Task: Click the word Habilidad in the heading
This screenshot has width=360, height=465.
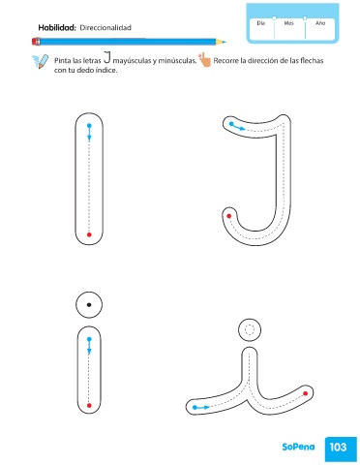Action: (57, 28)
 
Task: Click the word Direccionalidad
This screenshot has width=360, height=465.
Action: (105, 28)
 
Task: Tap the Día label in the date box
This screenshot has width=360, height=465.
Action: (261, 23)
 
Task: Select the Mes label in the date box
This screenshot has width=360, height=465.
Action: (288, 23)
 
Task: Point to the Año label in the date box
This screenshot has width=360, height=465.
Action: (320, 23)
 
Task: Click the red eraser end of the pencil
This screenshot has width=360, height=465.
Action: (36, 42)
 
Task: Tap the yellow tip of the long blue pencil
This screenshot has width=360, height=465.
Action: (221, 42)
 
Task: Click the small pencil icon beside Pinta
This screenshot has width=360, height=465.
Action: (41, 61)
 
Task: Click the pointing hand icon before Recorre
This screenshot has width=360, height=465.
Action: (204, 60)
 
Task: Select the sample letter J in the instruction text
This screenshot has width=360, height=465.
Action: (107, 57)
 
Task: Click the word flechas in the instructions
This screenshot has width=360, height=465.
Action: (312, 60)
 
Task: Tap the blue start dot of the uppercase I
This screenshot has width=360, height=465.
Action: (89, 126)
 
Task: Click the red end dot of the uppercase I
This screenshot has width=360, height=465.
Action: (89, 234)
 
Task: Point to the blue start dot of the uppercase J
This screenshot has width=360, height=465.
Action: (231, 124)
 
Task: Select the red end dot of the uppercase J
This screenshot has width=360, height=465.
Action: (229, 216)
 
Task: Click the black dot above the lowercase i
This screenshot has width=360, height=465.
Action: (89, 304)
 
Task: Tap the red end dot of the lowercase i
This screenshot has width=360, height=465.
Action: (89, 406)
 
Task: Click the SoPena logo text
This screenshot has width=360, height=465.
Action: (298, 447)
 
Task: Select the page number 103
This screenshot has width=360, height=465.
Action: (338, 448)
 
